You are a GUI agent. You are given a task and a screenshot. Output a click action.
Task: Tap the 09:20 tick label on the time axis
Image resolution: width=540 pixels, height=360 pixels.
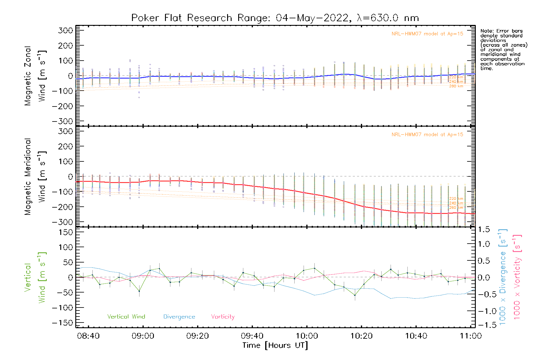point(197,336)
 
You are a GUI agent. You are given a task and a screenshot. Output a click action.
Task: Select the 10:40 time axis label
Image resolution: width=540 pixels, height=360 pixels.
point(416,336)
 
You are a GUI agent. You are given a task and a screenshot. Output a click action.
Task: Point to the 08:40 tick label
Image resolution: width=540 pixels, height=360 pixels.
point(88,336)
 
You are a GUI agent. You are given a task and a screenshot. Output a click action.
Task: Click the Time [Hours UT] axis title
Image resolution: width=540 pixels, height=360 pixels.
point(275,345)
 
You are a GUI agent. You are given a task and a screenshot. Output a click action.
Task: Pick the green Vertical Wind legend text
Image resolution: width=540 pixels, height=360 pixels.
point(126,316)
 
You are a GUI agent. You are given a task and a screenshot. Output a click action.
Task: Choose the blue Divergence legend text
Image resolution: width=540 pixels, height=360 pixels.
point(179,316)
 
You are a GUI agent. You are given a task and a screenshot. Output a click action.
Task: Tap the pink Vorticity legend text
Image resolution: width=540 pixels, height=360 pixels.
point(223,316)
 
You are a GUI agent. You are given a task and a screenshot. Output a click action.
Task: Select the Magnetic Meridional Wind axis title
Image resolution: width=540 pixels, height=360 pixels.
point(35,177)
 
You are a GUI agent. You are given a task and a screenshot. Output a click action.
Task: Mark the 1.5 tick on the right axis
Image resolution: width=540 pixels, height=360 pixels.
point(484,229)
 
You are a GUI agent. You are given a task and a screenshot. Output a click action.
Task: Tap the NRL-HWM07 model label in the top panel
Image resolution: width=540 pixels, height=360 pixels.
point(427,34)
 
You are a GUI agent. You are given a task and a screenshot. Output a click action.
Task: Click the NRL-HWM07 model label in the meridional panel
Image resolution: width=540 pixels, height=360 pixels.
point(427,135)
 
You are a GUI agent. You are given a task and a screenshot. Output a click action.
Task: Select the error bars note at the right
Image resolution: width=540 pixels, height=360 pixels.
point(504,49)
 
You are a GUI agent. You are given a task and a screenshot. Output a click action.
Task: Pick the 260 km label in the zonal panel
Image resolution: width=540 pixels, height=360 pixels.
point(456,86)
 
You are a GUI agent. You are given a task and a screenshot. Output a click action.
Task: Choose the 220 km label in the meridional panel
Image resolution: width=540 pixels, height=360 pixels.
point(456,199)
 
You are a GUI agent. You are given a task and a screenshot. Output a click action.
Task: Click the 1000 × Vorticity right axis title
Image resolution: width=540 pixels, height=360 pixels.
point(517,277)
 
